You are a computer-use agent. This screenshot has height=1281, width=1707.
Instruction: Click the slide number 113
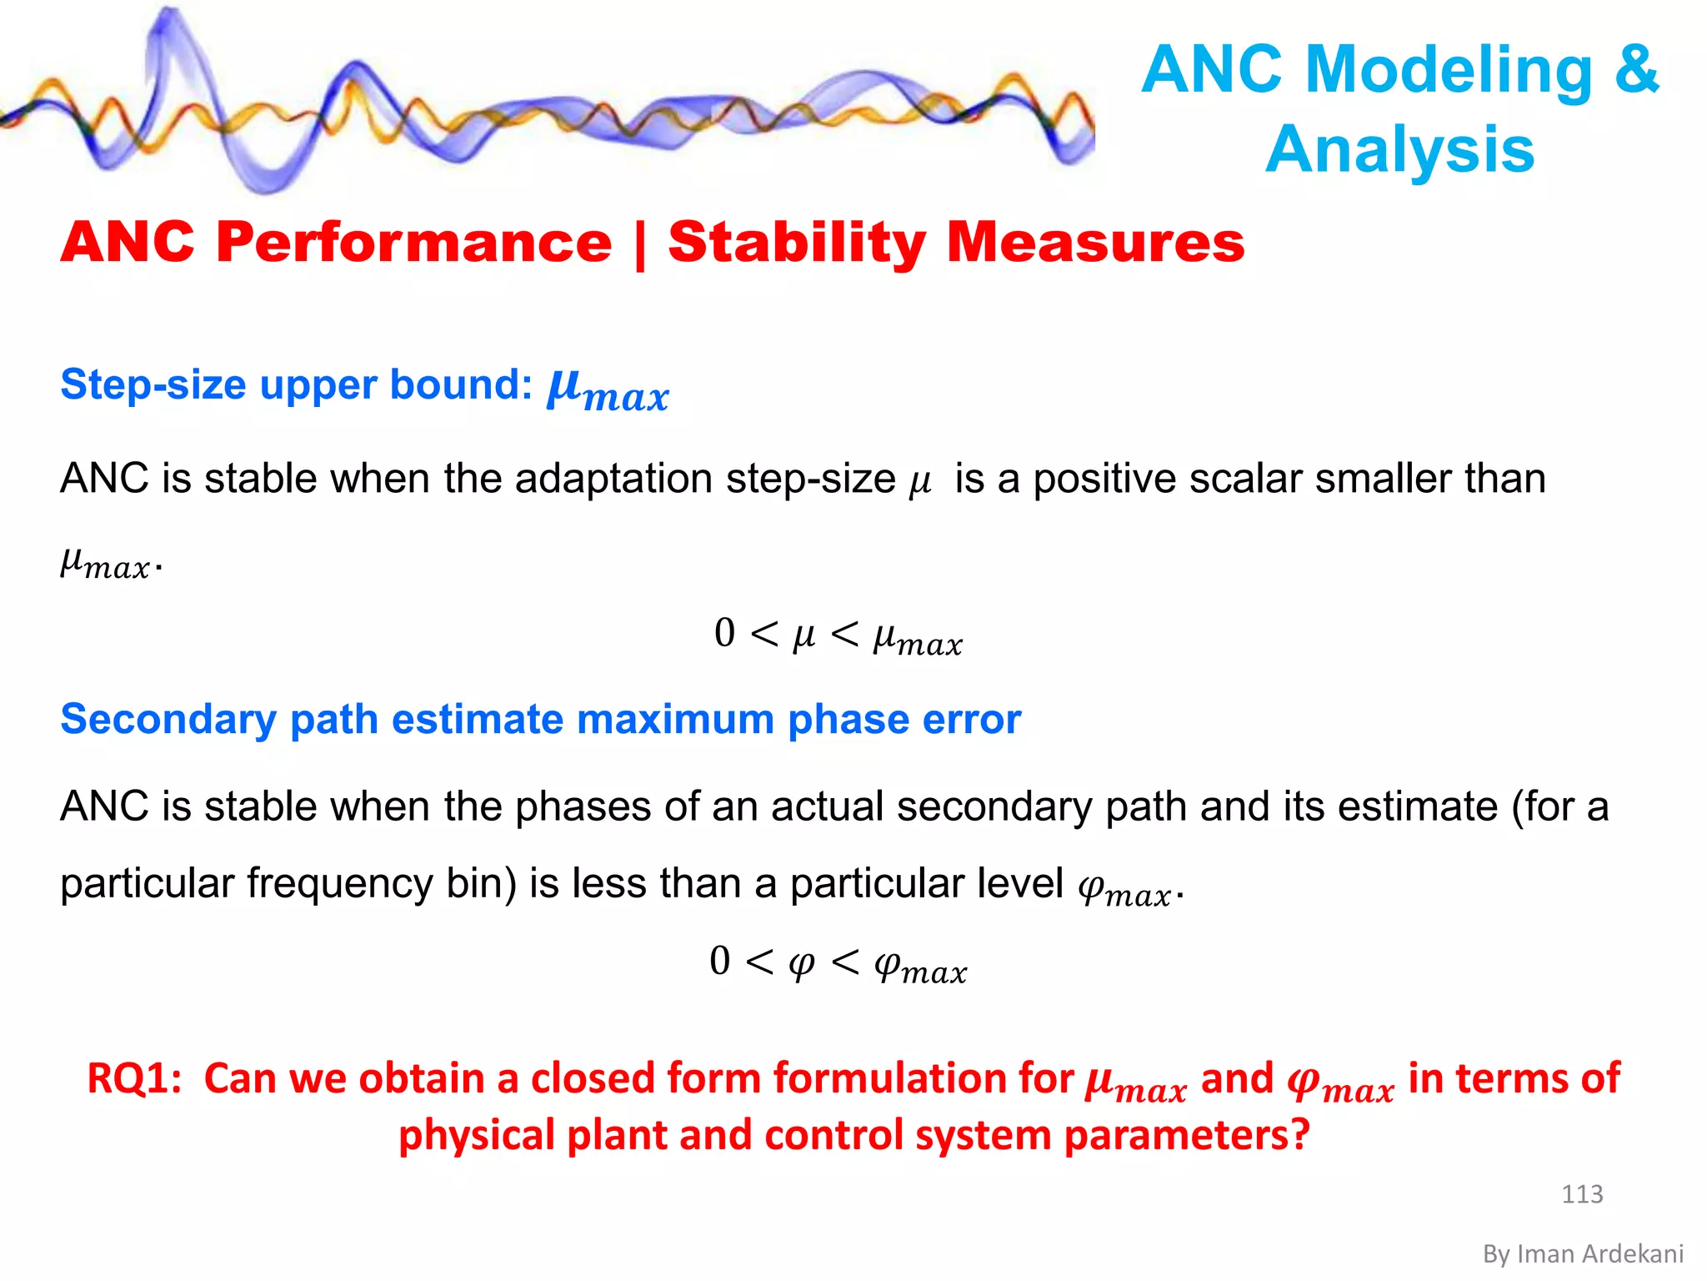1582,1193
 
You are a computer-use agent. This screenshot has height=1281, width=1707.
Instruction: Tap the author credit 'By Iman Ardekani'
1583,1253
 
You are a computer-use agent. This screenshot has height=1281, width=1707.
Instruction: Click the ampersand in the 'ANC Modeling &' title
1636,68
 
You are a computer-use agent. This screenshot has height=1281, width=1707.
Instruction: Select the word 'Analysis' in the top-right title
1400,149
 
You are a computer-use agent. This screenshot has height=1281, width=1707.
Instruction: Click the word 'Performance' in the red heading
413,243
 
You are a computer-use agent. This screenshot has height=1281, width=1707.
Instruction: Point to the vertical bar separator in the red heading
639,245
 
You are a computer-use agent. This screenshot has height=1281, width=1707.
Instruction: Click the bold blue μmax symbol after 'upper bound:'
608,390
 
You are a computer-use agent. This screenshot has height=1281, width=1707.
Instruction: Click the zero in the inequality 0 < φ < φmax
719,961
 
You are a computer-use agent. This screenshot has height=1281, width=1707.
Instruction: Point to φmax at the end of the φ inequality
920,967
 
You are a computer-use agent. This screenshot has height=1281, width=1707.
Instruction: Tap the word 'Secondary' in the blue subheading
168,720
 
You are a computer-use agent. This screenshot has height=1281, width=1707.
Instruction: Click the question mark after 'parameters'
1300,1135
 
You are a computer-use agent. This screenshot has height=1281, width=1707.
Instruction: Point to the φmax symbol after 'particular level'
1124,891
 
